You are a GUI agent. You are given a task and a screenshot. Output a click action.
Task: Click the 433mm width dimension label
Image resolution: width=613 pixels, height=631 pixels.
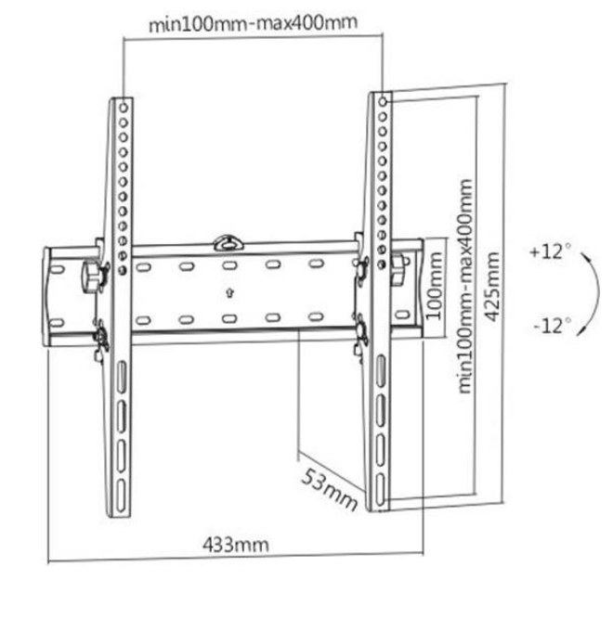click(236, 544)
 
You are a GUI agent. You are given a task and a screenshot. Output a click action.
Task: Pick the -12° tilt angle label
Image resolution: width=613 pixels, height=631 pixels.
click(553, 326)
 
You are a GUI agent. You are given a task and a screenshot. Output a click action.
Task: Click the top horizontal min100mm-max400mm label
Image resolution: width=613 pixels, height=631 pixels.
click(253, 23)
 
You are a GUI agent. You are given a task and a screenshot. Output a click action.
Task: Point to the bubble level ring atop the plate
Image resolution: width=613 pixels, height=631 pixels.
click(228, 243)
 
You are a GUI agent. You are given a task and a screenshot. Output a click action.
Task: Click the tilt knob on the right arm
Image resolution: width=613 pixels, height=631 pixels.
click(398, 269)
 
